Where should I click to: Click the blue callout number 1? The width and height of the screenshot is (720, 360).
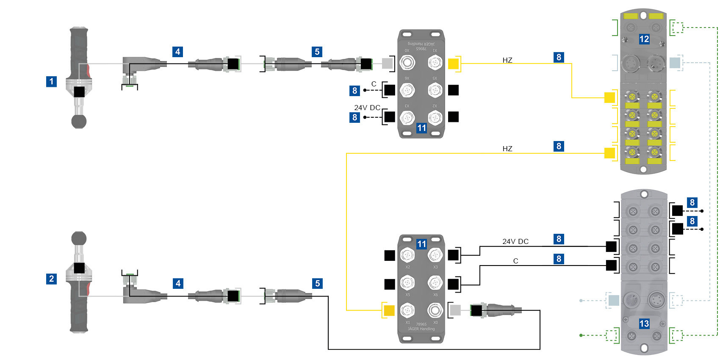point(51,81)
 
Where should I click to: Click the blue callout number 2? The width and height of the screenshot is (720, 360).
point(51,279)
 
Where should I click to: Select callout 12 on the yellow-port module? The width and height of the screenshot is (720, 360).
point(644,39)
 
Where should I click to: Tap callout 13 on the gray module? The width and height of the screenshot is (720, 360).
point(644,324)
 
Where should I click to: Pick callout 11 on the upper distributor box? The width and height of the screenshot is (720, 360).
point(421,128)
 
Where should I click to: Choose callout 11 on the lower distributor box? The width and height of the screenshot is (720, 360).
point(421,244)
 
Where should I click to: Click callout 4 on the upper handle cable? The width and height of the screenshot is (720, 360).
point(178,52)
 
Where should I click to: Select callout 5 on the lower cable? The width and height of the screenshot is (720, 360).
point(317,283)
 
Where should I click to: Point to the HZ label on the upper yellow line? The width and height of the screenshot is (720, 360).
point(507,60)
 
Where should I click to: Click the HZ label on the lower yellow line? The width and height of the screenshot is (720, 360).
point(507,149)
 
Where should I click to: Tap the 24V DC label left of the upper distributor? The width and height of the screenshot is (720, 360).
point(367,108)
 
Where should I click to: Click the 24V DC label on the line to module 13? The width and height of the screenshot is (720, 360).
point(515,241)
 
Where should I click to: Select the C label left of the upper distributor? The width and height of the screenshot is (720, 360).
point(374,84)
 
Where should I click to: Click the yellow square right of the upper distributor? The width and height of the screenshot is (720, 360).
point(453,64)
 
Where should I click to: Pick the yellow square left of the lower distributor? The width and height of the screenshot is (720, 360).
point(389,310)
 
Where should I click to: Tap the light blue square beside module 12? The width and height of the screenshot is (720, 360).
point(675,63)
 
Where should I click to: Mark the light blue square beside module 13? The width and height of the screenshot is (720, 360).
point(614,301)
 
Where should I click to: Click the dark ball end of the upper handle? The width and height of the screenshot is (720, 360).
point(79,122)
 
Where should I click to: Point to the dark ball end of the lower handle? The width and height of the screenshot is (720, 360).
point(79,238)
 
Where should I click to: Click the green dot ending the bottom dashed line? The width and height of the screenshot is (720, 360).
point(581,335)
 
